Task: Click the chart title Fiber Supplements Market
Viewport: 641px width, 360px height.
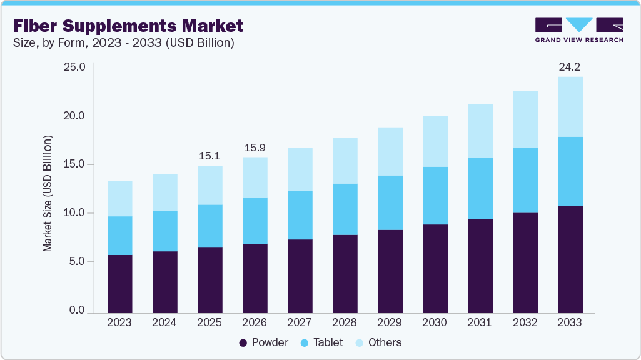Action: pyautogui.click(x=128, y=26)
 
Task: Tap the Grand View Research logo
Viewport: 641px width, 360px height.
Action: pyautogui.click(x=578, y=30)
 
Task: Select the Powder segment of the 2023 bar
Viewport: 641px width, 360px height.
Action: pyautogui.click(x=119, y=284)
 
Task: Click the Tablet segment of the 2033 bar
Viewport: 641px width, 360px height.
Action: pyautogui.click(x=570, y=171)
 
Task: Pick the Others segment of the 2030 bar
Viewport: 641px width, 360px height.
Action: pyautogui.click(x=435, y=141)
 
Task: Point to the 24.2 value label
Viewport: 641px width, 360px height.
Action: pyautogui.click(x=570, y=67)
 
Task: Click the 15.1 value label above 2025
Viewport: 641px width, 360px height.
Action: pyautogui.click(x=209, y=155)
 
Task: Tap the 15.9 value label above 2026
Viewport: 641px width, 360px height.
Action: pyautogui.click(x=255, y=148)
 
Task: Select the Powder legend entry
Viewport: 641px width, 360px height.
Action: pyautogui.click(x=263, y=342)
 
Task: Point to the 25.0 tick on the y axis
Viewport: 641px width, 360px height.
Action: pyautogui.click(x=74, y=66)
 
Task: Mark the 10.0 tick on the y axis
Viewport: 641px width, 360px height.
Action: pyautogui.click(x=74, y=213)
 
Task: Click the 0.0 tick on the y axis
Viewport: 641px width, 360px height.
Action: pyautogui.click(x=77, y=311)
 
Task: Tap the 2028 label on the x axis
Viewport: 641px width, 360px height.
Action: pyautogui.click(x=345, y=323)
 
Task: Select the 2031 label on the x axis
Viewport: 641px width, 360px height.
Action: pyautogui.click(x=480, y=323)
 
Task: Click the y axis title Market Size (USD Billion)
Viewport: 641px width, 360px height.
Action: pyautogui.click(x=48, y=193)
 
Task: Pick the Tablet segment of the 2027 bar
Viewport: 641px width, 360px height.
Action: pyautogui.click(x=300, y=215)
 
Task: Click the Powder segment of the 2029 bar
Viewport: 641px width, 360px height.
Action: pyautogui.click(x=390, y=271)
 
